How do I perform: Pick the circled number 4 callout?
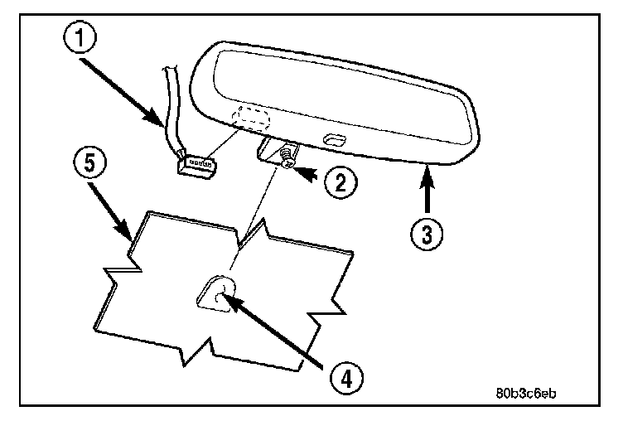(x=346, y=380)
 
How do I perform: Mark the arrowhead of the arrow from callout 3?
(x=427, y=169)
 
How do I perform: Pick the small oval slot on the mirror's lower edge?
(x=335, y=138)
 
